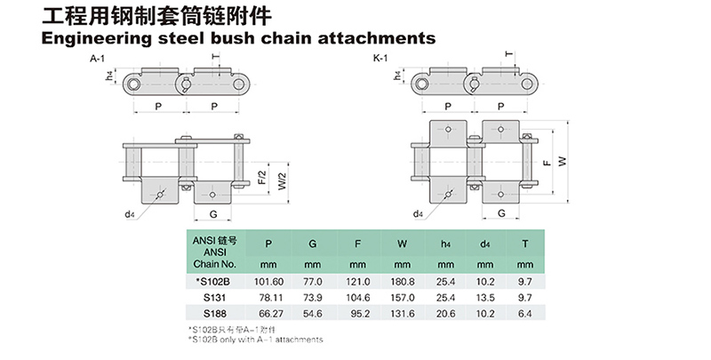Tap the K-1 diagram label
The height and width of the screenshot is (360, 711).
(x=380, y=59)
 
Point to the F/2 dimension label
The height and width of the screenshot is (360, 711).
(x=261, y=175)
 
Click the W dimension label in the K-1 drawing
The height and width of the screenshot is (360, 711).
(x=560, y=161)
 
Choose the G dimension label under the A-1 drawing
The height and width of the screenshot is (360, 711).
(x=213, y=214)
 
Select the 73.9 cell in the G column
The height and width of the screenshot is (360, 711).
(x=312, y=297)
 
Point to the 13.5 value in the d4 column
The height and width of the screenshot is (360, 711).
(x=484, y=297)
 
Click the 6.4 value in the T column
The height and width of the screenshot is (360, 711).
(x=525, y=313)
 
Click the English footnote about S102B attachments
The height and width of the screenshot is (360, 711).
(x=255, y=340)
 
